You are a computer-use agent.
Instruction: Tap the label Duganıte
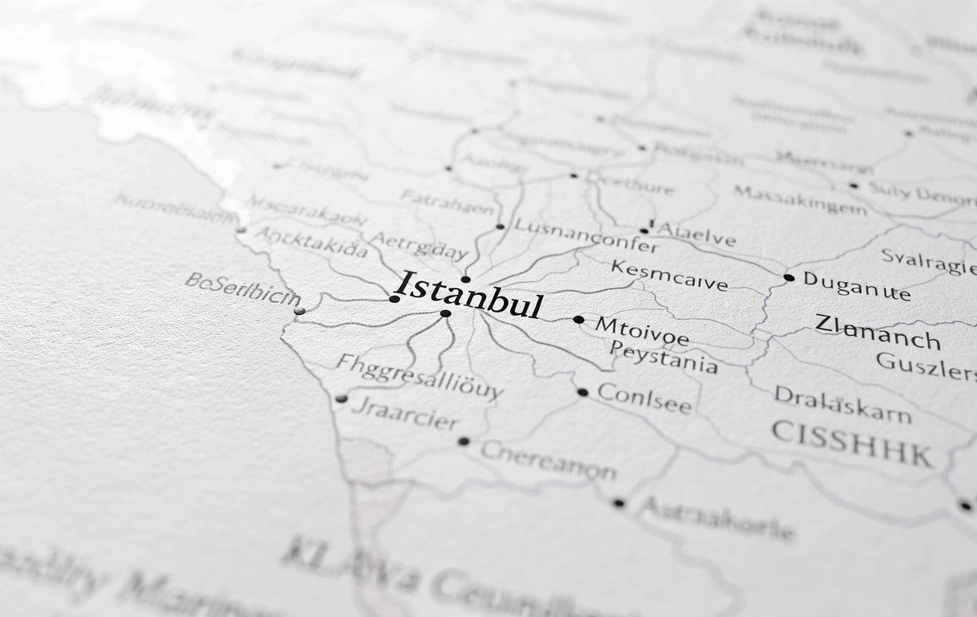pyautogui.click(x=856, y=285)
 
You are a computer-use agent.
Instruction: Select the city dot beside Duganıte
pyautogui.click(x=788, y=278)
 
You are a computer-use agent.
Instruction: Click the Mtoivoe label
pyautogui.click(x=641, y=330)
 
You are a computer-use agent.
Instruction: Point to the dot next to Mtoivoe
pyautogui.click(x=578, y=320)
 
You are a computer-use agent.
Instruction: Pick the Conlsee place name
pyautogui.click(x=644, y=398)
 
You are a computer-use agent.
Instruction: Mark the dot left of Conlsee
pyautogui.click(x=582, y=393)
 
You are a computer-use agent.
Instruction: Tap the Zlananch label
pyautogui.click(x=877, y=333)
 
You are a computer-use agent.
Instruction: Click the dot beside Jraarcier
pyautogui.click(x=341, y=398)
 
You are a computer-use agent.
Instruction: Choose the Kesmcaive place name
pyautogui.click(x=668, y=276)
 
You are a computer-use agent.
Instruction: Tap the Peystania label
pyautogui.click(x=663, y=358)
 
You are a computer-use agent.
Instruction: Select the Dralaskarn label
pyautogui.click(x=842, y=405)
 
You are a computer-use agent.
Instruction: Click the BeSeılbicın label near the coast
pyautogui.click(x=242, y=290)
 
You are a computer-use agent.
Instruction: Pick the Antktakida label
pyautogui.click(x=311, y=242)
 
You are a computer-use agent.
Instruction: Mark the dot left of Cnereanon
pyautogui.click(x=464, y=441)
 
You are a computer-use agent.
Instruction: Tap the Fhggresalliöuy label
pyautogui.click(x=419, y=375)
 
